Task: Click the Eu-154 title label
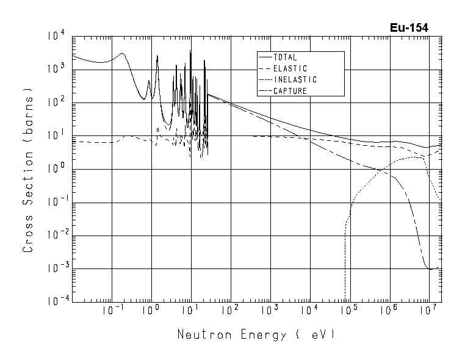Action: [x=409, y=28]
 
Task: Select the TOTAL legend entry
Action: [x=285, y=57]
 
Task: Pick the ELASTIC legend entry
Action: [x=290, y=68]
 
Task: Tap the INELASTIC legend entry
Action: [x=295, y=80]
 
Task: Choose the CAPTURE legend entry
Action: [x=290, y=91]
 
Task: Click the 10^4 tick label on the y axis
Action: [x=56, y=37]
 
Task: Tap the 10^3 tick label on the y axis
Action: [x=56, y=70]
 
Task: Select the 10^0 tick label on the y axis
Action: [x=56, y=169]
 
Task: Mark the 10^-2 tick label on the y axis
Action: [x=54, y=236]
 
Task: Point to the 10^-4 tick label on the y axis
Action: [x=54, y=301]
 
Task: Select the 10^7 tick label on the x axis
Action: [x=428, y=311]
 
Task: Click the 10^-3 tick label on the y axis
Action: [x=54, y=268]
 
